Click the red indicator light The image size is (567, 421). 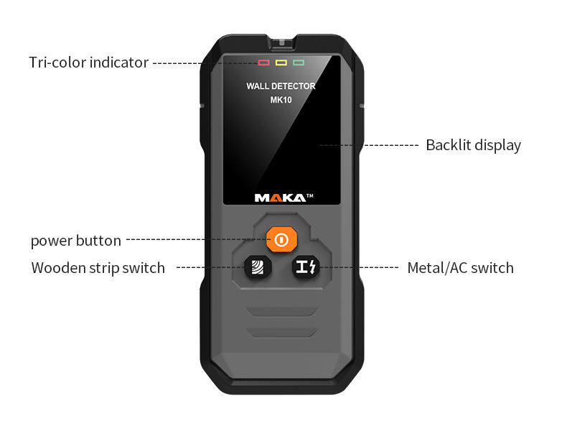click(264, 63)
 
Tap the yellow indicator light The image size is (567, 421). click(281, 63)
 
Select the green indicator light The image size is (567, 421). click(299, 63)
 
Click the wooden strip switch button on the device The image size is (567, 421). click(257, 267)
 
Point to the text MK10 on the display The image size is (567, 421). click(281, 100)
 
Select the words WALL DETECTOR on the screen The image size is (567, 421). click(281, 86)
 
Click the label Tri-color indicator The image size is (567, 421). click(88, 63)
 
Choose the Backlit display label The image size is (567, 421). click(473, 145)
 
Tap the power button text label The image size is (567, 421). click(75, 241)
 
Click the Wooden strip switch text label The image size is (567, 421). click(98, 268)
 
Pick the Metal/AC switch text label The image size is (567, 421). click(460, 268)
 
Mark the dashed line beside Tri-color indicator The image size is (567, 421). click(201, 63)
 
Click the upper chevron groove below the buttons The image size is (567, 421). click(281, 311)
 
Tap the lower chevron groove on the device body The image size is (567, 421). click(281, 331)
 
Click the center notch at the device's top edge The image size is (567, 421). click(281, 41)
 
